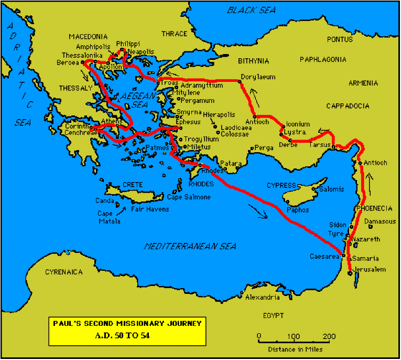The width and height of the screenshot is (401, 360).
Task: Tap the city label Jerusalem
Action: [x=370, y=270]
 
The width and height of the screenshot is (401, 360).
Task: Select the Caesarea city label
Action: [x=325, y=256]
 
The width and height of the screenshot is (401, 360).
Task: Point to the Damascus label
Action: [x=380, y=221]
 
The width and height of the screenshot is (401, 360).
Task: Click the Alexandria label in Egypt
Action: [x=262, y=298]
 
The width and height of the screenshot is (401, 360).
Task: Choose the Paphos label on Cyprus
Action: [x=298, y=210]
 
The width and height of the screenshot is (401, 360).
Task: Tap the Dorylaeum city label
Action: [x=258, y=77]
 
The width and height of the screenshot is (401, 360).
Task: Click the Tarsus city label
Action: [x=320, y=145]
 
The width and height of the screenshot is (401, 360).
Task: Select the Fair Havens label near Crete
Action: [x=150, y=209]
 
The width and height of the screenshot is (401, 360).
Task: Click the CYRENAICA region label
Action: [x=64, y=272]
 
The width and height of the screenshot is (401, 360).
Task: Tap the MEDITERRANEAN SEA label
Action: [x=190, y=246]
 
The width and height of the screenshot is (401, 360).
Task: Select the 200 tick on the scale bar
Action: [x=329, y=336]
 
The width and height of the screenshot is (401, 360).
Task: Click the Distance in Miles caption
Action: [x=295, y=349]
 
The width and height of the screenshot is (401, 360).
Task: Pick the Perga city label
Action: [x=264, y=148]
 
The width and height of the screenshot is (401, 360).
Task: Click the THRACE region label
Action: [x=174, y=34]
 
